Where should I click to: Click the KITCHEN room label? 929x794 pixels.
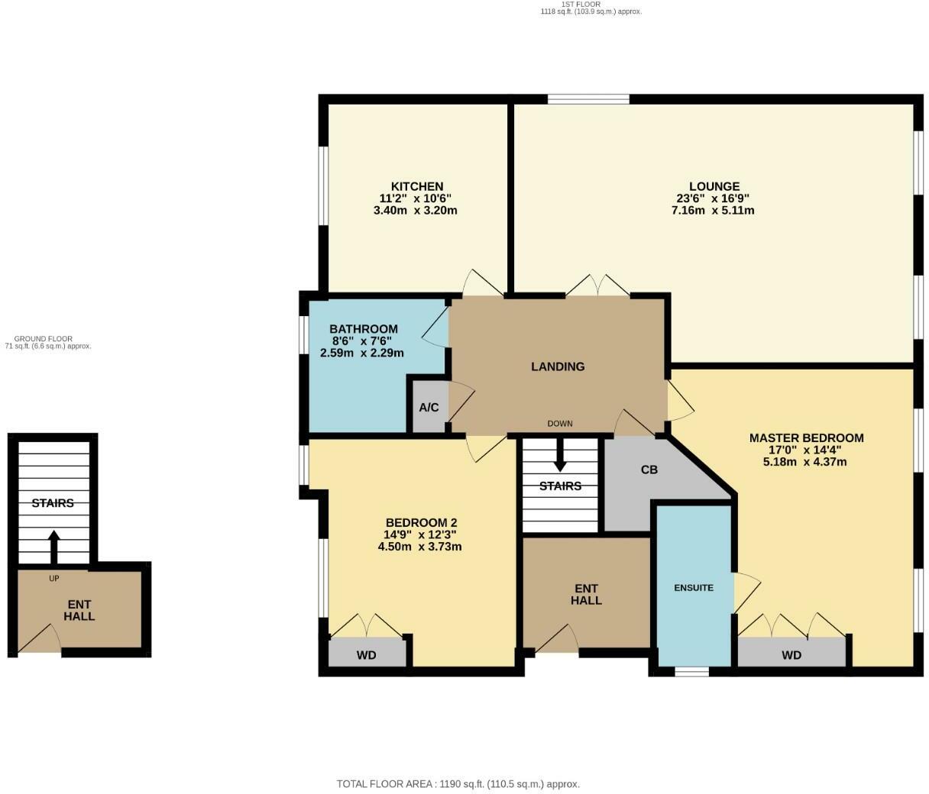[416, 186]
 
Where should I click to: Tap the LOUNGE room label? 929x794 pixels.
[714, 186]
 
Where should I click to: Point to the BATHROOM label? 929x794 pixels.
[364, 329]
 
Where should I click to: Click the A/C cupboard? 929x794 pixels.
[429, 408]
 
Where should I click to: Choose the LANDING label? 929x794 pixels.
[558, 366]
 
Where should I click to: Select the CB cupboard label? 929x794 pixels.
[649, 470]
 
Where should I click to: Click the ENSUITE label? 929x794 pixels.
[694, 588]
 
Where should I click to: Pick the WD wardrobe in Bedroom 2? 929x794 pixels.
[367, 655]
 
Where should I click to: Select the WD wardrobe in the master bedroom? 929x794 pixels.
[791, 655]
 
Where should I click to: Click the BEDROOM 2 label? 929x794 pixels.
[421, 523]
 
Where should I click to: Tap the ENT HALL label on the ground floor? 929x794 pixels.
[79, 611]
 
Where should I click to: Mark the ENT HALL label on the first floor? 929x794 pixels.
[586, 594]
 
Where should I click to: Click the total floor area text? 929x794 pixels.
[458, 784]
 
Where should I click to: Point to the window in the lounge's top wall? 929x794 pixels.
[588, 98]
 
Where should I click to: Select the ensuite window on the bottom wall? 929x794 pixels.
[691, 672]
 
